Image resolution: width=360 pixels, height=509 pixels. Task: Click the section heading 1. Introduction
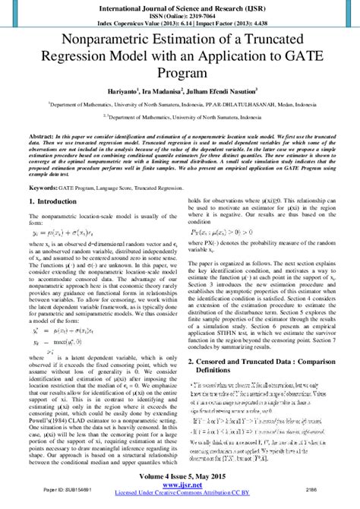point(56,202)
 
